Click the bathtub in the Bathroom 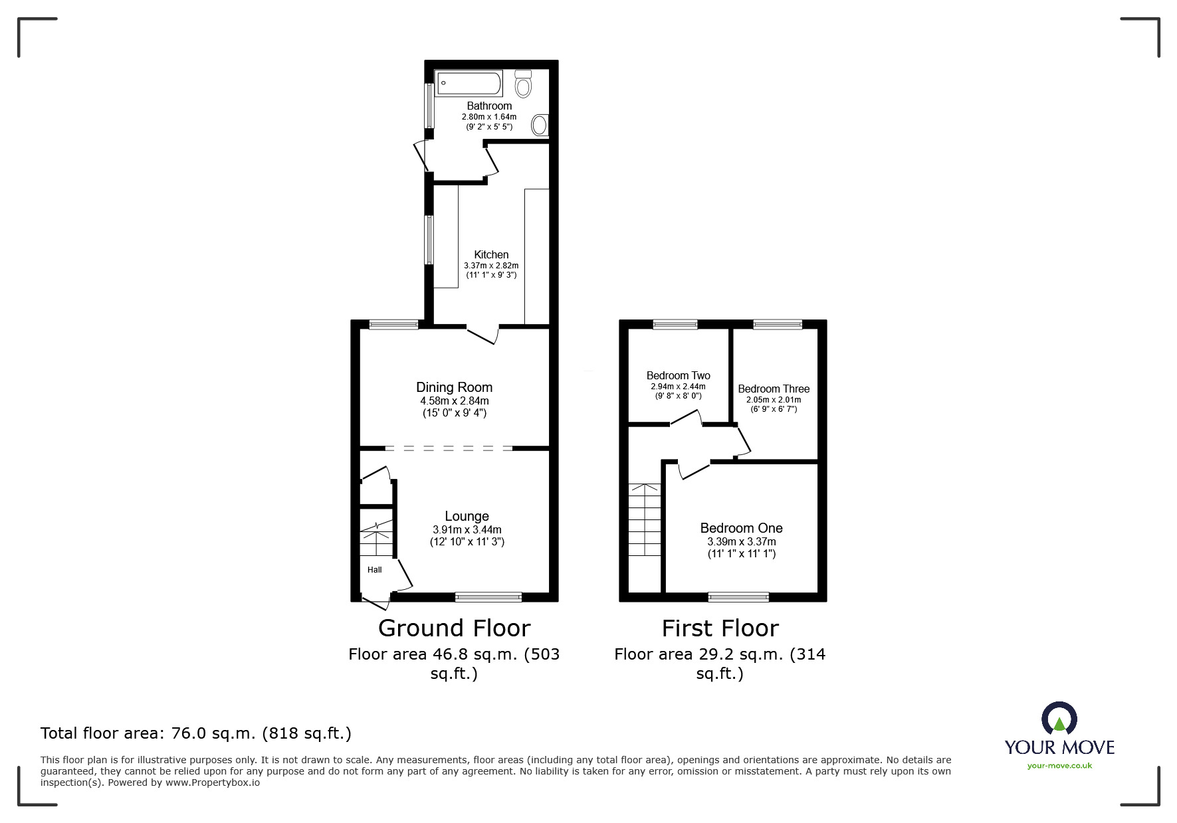(x=469, y=84)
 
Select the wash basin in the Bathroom (x=540, y=124)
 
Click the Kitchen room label (x=491, y=254)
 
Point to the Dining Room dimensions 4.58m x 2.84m (x=454, y=401)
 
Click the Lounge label (x=467, y=516)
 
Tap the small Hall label (x=375, y=569)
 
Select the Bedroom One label (x=741, y=528)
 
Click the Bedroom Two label (x=678, y=375)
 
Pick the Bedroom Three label (x=774, y=389)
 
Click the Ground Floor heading (x=454, y=628)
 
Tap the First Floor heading (x=720, y=628)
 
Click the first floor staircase (x=645, y=521)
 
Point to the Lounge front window (x=488, y=597)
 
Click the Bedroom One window (x=738, y=597)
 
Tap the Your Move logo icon (x=1059, y=719)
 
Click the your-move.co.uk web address (x=1059, y=765)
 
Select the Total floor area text (x=196, y=733)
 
